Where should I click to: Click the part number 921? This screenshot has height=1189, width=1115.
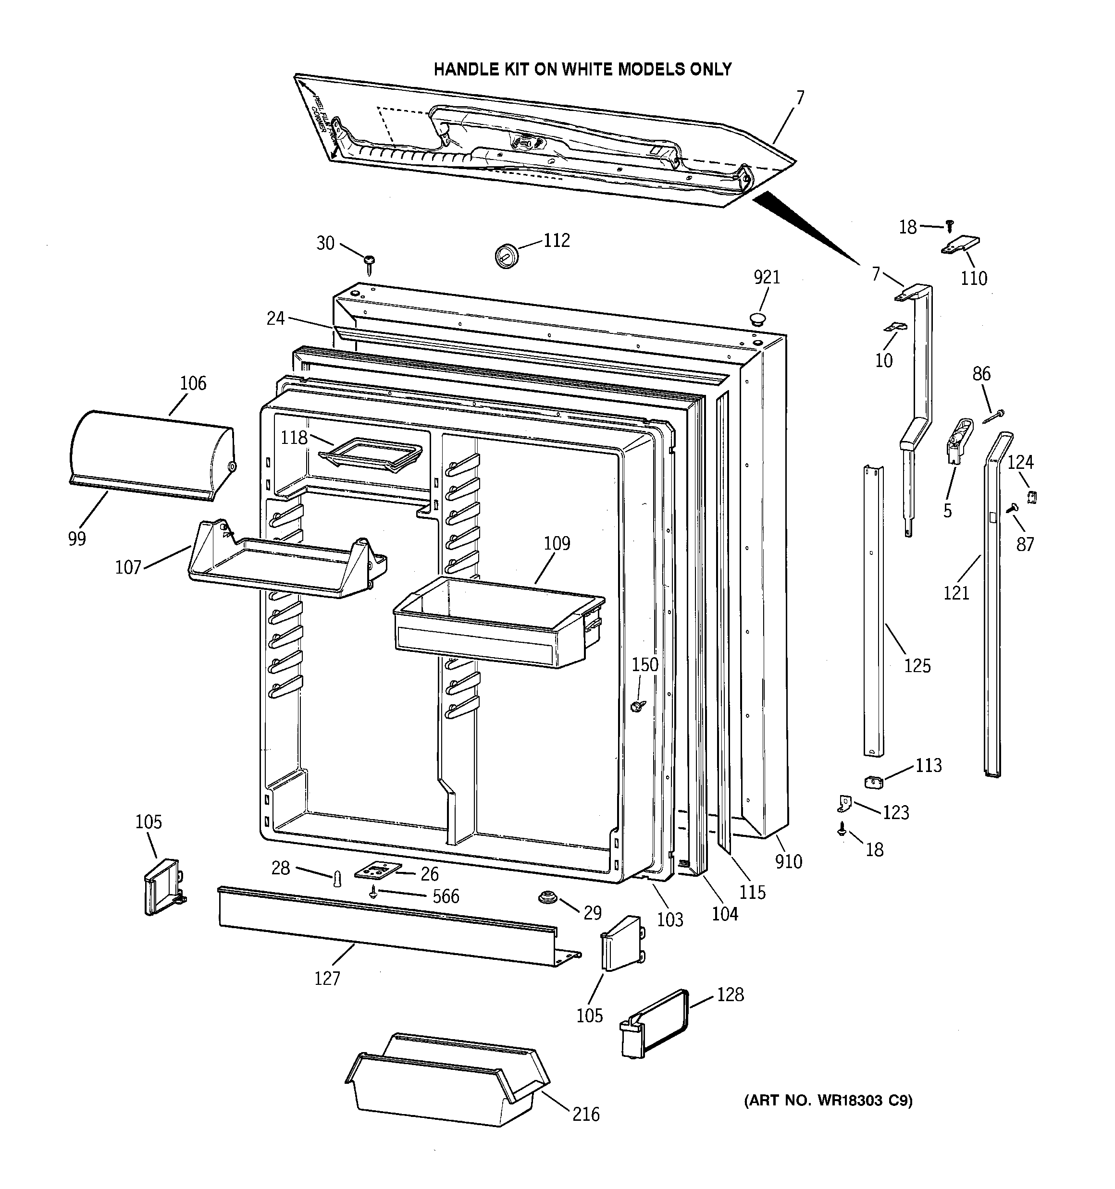click(767, 278)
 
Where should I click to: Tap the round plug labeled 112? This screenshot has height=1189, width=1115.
click(507, 256)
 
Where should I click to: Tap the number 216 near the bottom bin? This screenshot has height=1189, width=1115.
click(585, 1114)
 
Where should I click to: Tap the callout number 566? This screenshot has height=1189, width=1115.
click(446, 896)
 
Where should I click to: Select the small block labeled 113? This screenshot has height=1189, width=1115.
click(874, 781)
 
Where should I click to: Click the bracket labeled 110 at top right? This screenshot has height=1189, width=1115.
click(961, 245)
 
